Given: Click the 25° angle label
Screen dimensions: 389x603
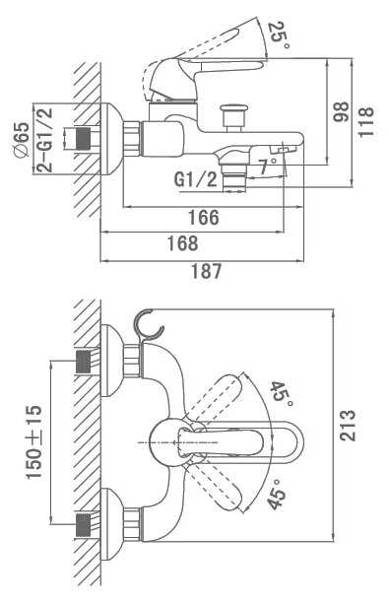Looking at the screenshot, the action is coord(279,36).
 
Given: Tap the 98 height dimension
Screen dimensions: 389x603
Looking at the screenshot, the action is coord(341,112).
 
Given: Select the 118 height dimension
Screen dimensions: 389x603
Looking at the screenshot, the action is coord(365,121).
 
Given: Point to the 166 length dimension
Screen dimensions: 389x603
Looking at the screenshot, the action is coord(204,218).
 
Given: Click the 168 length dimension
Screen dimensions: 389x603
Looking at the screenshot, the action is coord(182,243).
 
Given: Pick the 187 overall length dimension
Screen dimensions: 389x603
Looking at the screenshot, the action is coord(207,271).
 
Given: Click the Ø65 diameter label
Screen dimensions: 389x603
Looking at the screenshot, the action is coord(22,139).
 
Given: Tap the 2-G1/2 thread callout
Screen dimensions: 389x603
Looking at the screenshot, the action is coord(45,140).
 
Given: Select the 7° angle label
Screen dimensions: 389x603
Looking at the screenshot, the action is coord(267,167).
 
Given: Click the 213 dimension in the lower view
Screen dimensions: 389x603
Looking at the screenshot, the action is coord(348,425).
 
